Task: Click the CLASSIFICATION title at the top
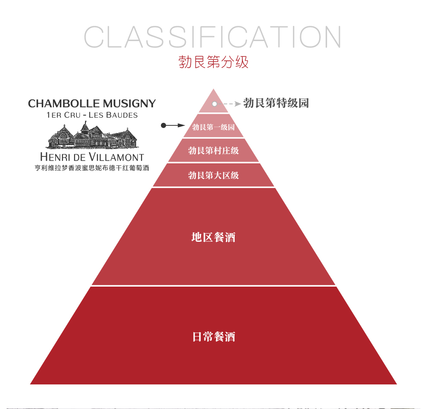(212, 37)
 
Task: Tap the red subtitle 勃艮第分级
(213, 62)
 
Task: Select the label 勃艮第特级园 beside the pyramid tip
(276, 103)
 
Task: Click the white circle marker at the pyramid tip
(215, 104)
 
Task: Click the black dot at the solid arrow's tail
(163, 125)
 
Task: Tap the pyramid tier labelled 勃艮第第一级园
(213, 125)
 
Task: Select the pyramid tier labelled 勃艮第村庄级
(213, 150)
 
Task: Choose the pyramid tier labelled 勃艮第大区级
(213, 175)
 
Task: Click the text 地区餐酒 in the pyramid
(213, 237)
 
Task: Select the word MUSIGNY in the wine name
(129, 104)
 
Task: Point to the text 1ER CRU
(63, 115)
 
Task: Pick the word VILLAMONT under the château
(116, 157)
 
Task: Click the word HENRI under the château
(55, 157)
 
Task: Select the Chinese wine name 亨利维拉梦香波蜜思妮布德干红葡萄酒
(92, 168)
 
